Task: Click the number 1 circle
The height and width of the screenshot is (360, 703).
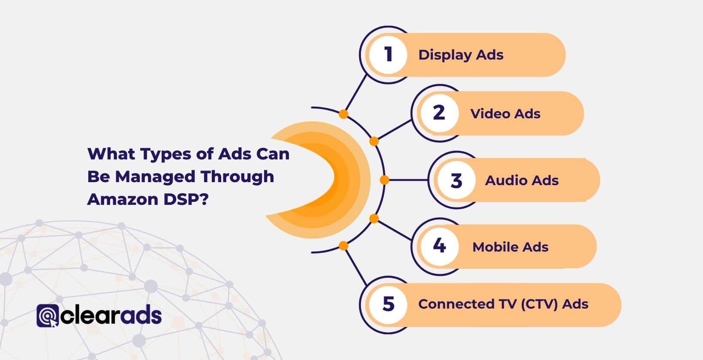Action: pos(388,55)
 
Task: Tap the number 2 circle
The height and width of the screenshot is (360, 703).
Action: pos(439,113)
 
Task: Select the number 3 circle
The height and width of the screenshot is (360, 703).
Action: pos(456,180)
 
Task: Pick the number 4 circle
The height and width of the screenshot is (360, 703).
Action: pos(439,246)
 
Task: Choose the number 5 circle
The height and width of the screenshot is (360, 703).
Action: pos(388,304)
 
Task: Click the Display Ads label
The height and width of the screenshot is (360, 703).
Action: pos(461,55)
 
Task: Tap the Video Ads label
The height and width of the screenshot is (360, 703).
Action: pos(505,114)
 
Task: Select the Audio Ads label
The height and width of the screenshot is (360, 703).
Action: pos(522,180)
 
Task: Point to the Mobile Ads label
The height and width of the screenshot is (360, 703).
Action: pos(510,247)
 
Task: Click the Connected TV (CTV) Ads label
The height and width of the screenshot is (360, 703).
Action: pos(503,304)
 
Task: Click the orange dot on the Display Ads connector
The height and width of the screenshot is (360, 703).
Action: pos(343,114)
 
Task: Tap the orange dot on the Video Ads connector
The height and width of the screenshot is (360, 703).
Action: pos(374,141)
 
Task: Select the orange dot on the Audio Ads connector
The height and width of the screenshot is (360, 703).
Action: pos(385,180)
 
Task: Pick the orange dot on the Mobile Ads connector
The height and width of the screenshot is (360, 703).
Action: pos(374,219)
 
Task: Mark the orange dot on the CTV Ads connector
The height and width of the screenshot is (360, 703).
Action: pos(343,246)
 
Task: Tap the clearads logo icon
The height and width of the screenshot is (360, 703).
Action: pos(47,316)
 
